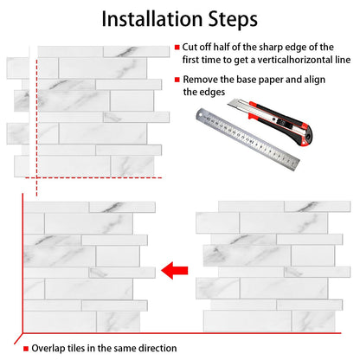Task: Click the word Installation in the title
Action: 152,19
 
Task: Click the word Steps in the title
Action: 233,20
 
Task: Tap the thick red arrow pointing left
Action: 175,271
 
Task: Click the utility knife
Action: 270,122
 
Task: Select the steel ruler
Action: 247,139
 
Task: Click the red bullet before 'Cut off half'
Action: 177,48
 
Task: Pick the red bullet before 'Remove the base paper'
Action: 177,80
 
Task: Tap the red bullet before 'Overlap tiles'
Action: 26,349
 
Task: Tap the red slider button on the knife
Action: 253,116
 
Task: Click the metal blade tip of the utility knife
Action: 229,104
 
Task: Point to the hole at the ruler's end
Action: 201,116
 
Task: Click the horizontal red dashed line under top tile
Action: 93,177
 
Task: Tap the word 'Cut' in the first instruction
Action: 189,47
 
